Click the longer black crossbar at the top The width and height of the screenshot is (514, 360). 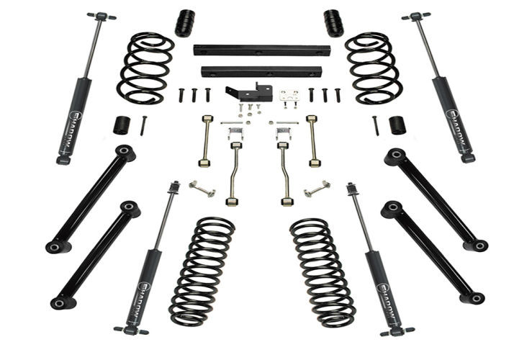(x=261, y=51)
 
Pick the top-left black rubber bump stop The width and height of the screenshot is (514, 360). (x=185, y=23)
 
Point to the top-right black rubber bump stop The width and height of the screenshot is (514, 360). (x=333, y=22)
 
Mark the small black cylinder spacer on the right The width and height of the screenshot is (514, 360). (x=397, y=125)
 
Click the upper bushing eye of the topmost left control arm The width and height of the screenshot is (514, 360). (x=125, y=152)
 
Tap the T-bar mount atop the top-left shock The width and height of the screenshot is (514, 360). (x=102, y=16)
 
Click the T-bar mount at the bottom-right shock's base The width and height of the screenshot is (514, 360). (x=397, y=330)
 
